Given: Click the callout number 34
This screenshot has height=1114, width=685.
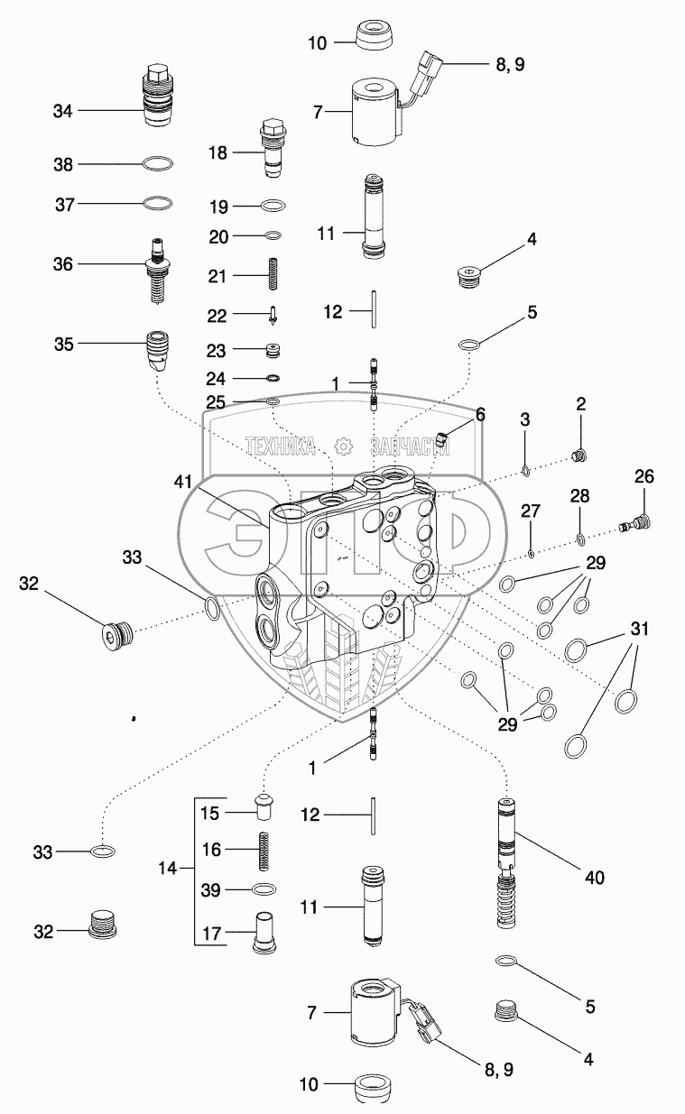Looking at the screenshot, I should pyautogui.click(x=62, y=111).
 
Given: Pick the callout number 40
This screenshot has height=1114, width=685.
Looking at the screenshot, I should pyautogui.click(x=593, y=876).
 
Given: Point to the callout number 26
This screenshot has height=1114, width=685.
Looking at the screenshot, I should pyautogui.click(x=643, y=477).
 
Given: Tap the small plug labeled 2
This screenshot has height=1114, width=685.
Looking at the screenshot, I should pyautogui.click(x=578, y=454).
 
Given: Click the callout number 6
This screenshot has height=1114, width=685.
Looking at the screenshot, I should pyautogui.click(x=480, y=414).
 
